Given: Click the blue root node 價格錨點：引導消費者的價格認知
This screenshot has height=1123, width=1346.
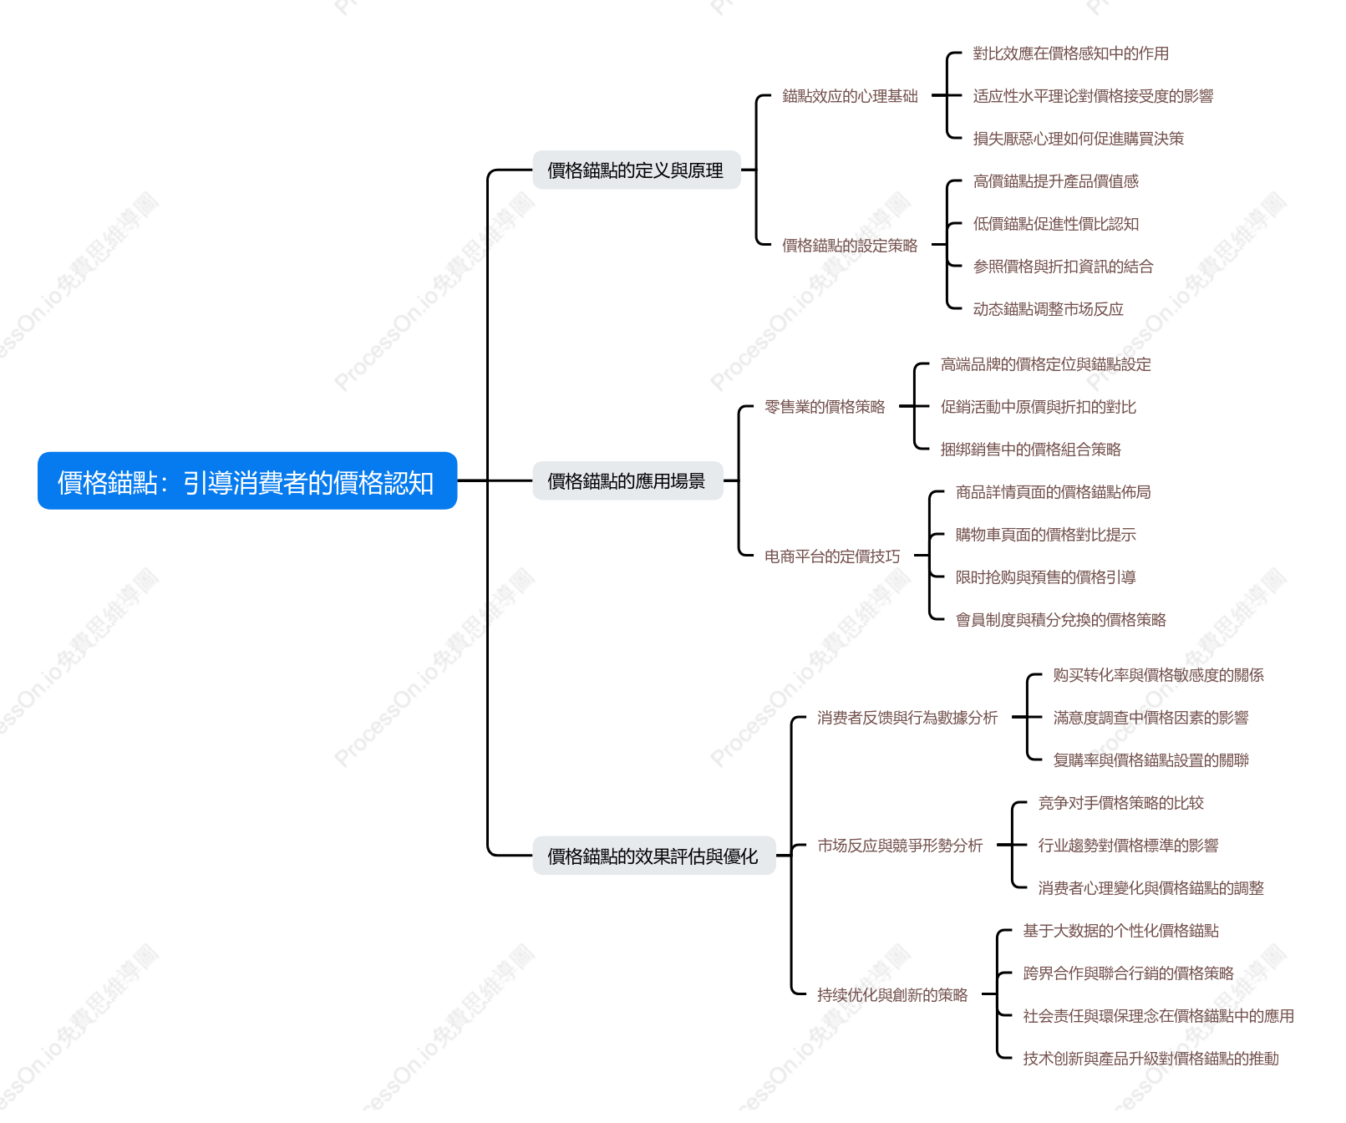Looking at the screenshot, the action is (x=247, y=480).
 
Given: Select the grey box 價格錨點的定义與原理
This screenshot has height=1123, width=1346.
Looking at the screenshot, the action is (x=637, y=170).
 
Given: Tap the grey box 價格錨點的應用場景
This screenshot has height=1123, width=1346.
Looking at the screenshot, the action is (x=627, y=480).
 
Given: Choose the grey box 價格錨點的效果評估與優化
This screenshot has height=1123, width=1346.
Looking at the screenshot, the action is (x=654, y=856).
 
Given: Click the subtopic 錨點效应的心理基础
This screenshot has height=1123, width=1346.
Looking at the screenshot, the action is (x=850, y=96).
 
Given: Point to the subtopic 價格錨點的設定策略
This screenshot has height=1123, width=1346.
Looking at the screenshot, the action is (x=850, y=245).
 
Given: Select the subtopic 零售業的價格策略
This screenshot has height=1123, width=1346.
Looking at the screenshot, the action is (x=825, y=407).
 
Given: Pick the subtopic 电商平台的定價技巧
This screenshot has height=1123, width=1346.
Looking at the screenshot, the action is (x=832, y=556).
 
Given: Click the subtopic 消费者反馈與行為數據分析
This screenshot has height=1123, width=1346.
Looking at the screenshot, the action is (x=907, y=717).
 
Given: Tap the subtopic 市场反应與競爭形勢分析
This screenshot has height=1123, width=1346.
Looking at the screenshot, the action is (x=900, y=845).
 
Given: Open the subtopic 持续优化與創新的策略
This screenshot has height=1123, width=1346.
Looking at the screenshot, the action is (x=892, y=994).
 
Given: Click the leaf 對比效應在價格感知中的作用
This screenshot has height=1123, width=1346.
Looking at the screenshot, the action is (x=1071, y=53).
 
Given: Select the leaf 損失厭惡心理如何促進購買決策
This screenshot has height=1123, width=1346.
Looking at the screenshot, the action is (x=1079, y=139).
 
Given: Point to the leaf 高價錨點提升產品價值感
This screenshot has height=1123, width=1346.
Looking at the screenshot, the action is (x=1056, y=181).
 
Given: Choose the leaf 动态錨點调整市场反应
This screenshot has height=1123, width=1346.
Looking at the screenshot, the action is (x=1049, y=309).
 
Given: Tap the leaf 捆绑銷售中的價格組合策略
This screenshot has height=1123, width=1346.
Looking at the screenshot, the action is (x=1031, y=450).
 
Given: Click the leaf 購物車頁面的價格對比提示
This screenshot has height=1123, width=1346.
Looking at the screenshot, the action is (x=1046, y=535).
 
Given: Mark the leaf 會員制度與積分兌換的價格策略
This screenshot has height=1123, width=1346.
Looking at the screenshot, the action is (x=1061, y=620).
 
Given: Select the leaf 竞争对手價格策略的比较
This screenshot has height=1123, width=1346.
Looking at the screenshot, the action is (x=1121, y=803).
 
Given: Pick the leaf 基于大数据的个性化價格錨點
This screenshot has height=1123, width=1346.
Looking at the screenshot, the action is (x=1121, y=931).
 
